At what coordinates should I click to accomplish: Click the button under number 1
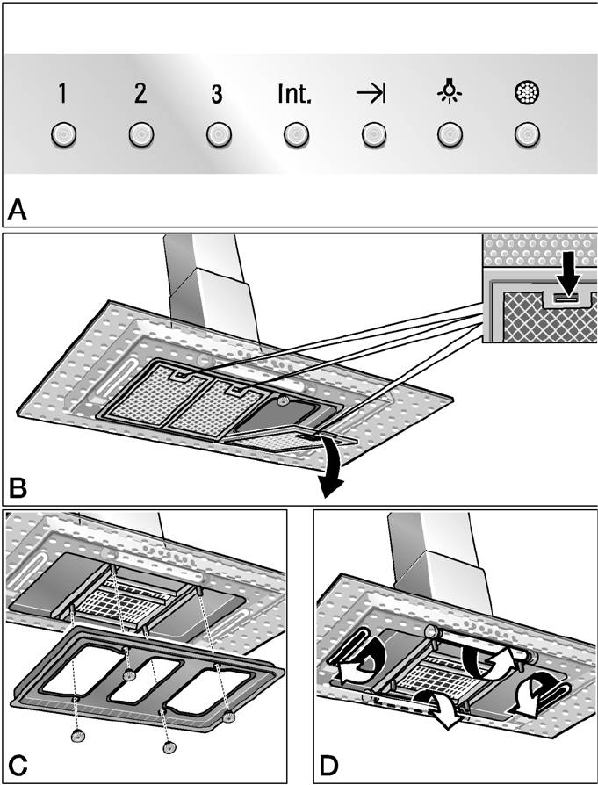[x=63, y=134]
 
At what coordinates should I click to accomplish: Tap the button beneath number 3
[x=217, y=134]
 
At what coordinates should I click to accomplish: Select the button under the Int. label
[x=294, y=134]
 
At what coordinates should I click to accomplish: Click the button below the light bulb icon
[x=450, y=134]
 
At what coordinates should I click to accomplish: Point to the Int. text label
[x=294, y=94]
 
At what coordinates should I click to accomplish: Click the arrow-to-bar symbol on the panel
[x=371, y=94]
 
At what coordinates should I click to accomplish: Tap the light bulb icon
[x=450, y=92]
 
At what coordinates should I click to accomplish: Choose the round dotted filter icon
[x=526, y=93]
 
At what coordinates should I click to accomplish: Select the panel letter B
[x=18, y=485]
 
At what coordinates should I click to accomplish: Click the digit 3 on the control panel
[x=217, y=94]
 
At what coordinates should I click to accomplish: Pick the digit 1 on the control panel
[x=63, y=94]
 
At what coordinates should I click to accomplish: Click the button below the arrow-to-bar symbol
[x=371, y=134]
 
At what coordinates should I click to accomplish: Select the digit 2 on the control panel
[x=140, y=94]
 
